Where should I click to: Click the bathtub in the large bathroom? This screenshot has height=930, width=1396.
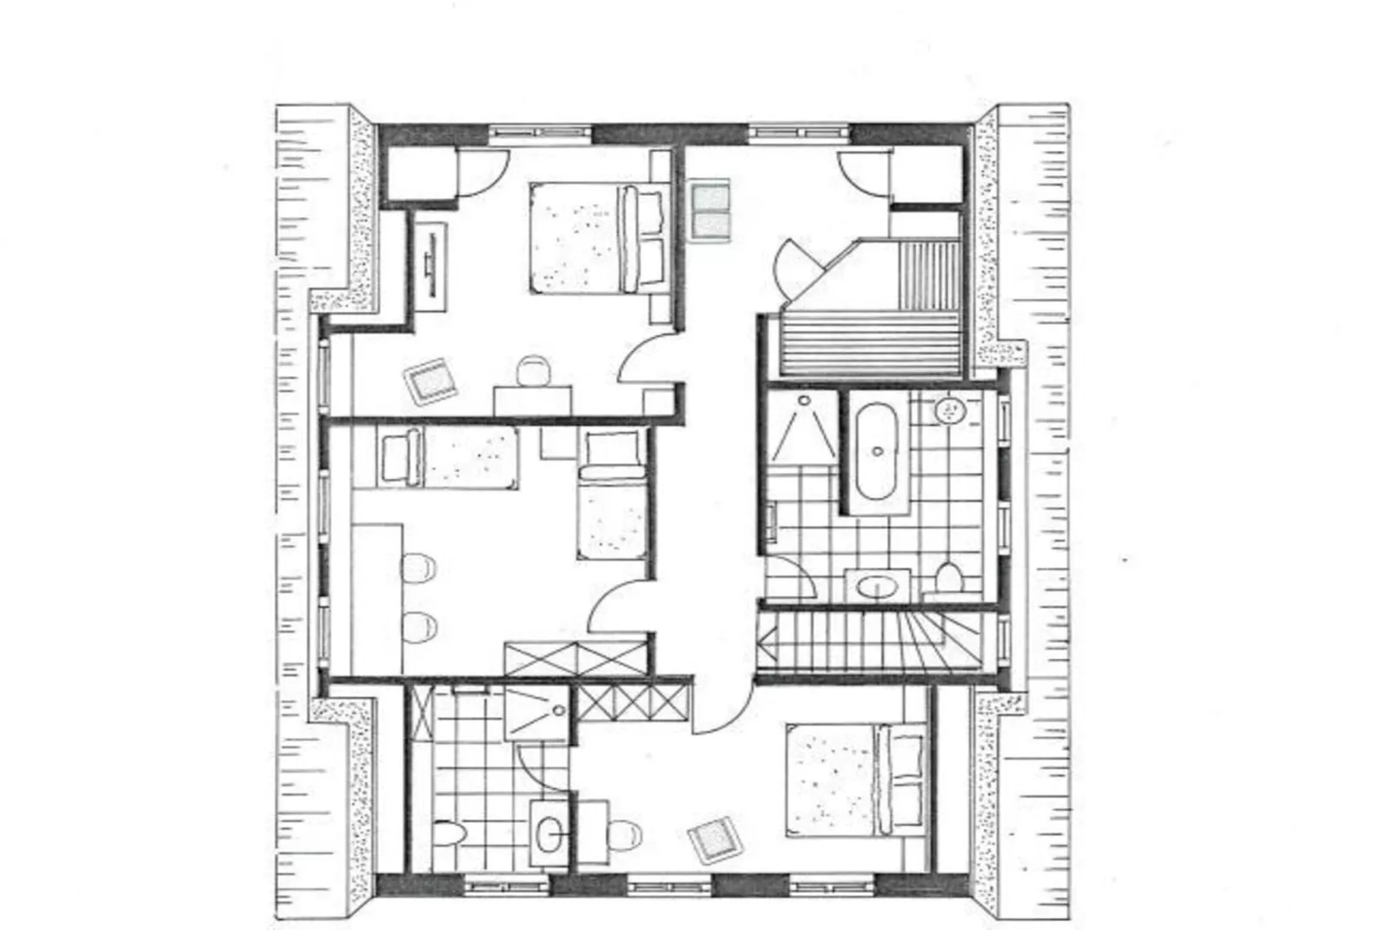pyautogui.click(x=877, y=450)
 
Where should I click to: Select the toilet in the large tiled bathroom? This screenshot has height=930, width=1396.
pyautogui.click(x=949, y=577)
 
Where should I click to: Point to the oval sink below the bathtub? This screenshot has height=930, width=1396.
pyautogui.click(x=876, y=588)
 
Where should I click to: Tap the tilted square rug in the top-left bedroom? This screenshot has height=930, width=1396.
pyautogui.click(x=430, y=381)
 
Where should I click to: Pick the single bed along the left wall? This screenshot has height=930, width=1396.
pyautogui.click(x=448, y=457)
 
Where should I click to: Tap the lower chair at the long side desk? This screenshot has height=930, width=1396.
pyautogui.click(x=419, y=627)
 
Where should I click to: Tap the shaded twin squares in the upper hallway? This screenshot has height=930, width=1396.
pyautogui.click(x=710, y=209)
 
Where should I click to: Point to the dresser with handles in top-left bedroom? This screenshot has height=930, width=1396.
pyautogui.click(x=429, y=264)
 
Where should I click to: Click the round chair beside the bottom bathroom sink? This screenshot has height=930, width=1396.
pyautogui.click(x=621, y=836)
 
